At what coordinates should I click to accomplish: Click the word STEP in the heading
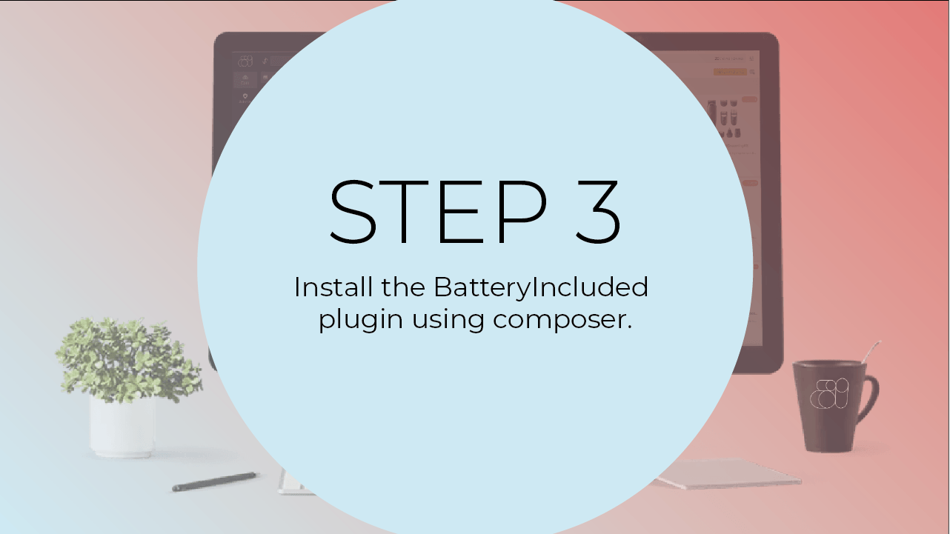tap(438, 212)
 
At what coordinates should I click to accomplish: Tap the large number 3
tap(599, 212)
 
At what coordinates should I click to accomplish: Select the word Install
tap(333, 287)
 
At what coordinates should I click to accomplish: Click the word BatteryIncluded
tap(541, 287)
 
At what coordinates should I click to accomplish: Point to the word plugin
tap(360, 319)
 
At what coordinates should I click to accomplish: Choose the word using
tap(448, 320)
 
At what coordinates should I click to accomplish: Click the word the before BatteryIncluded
tap(403, 287)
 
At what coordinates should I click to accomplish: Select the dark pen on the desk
tap(215, 482)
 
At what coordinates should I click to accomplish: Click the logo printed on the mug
tap(829, 394)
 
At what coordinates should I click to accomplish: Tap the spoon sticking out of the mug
tap(872, 352)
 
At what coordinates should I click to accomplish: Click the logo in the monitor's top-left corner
tap(245, 61)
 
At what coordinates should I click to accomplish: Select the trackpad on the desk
tap(728, 474)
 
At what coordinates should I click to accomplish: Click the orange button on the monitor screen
tap(730, 72)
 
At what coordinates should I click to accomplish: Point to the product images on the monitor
tap(723, 119)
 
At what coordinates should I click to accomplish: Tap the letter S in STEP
tap(353, 212)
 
